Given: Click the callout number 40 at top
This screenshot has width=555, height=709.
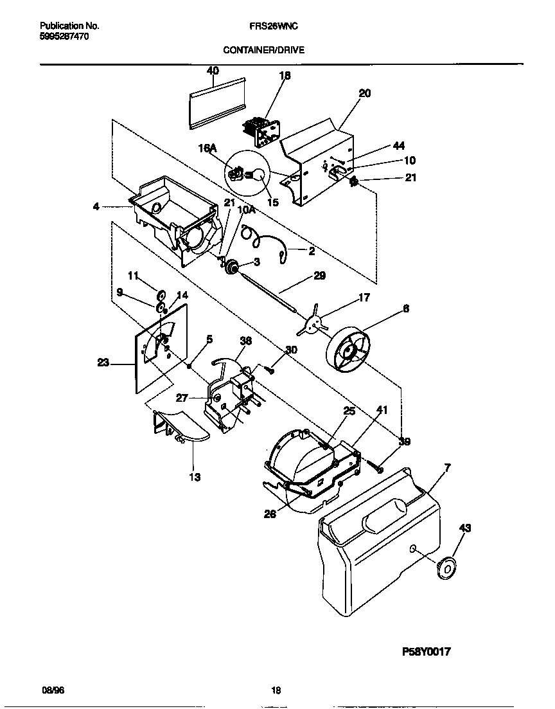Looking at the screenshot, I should tap(213, 70).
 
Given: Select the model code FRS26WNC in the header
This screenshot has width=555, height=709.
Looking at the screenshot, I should tap(272, 26).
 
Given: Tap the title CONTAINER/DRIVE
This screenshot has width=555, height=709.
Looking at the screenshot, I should tap(264, 49).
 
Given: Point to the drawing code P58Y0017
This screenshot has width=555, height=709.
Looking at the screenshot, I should tap(427, 651).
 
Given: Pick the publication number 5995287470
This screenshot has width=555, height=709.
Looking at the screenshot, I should tap(64, 37).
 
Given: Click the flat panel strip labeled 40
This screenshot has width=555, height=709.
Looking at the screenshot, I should tap(218, 103).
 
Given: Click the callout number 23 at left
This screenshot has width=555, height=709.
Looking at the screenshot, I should tap(103, 363).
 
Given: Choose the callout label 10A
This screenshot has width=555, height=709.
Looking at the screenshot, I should tap(245, 210).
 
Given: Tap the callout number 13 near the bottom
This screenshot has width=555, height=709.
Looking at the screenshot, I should tap(194, 477).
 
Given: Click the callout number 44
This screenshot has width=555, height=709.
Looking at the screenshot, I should tap(399, 146).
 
